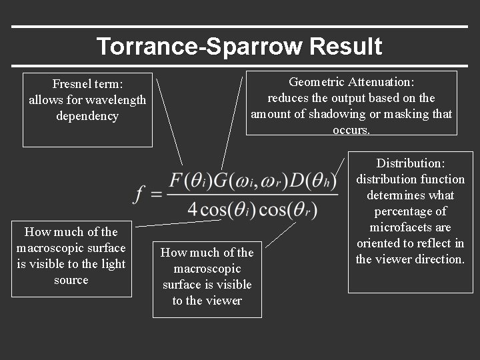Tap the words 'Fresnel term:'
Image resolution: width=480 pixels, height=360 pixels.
[x=84, y=84]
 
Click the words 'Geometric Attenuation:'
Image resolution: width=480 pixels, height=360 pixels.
[x=351, y=82]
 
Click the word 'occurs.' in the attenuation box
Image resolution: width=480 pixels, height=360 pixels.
[x=351, y=130]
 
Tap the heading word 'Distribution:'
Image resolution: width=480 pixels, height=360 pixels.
[x=411, y=163]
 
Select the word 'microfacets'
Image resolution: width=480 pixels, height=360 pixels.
[x=411, y=227]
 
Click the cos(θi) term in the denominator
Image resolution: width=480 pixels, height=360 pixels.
[x=227, y=209]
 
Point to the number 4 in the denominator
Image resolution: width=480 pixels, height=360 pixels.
[x=193, y=209]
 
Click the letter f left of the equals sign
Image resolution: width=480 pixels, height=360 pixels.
[x=140, y=194]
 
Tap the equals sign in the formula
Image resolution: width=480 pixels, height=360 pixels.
[x=156, y=194]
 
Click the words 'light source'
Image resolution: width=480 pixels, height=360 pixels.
[x=71, y=272]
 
